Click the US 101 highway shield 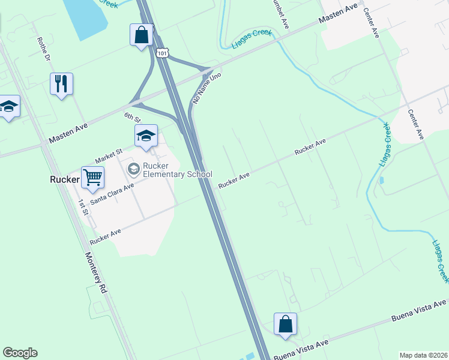(x=161, y=53)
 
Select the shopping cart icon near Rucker (x=92, y=177)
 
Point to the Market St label (x=108, y=155)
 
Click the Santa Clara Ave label (x=112, y=193)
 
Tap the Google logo (x=20, y=353)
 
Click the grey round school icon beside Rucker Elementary (x=133, y=170)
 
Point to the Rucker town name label (x=64, y=179)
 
